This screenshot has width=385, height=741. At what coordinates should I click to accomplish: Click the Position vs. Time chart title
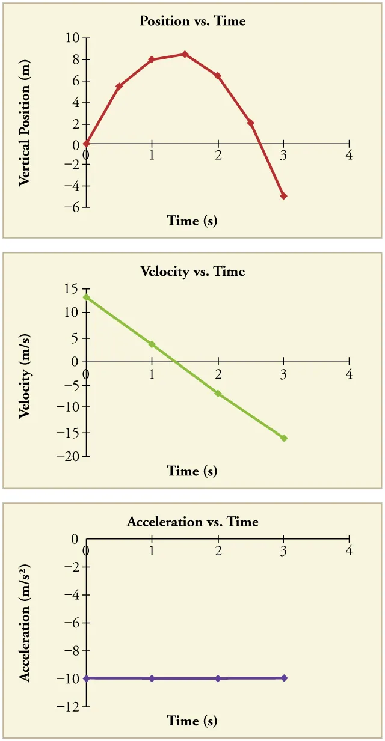(192, 21)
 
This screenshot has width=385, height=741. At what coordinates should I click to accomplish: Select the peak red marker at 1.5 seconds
(185, 54)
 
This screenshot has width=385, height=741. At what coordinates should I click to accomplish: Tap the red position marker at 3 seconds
(283, 196)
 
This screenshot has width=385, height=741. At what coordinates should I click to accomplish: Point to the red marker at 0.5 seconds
(119, 87)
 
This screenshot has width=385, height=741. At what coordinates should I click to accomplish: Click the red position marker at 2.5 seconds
(250, 123)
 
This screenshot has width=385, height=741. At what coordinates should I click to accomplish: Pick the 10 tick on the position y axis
(72, 38)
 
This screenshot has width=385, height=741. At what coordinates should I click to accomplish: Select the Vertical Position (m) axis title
(25, 123)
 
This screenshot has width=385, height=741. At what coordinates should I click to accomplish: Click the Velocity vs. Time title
(192, 271)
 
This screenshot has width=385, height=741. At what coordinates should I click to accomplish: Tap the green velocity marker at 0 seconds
(87, 297)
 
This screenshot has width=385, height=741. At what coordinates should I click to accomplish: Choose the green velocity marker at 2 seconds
(218, 394)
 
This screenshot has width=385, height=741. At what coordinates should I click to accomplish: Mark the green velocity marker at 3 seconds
(283, 438)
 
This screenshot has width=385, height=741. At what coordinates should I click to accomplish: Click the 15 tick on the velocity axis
(72, 289)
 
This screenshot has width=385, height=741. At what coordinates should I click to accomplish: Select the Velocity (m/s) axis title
(25, 375)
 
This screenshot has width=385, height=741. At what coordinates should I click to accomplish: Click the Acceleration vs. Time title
(192, 522)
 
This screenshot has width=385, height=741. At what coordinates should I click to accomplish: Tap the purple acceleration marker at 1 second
(152, 678)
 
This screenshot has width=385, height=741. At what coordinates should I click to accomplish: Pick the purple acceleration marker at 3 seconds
(283, 678)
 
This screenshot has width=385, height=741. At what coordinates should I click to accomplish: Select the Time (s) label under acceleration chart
(192, 721)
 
